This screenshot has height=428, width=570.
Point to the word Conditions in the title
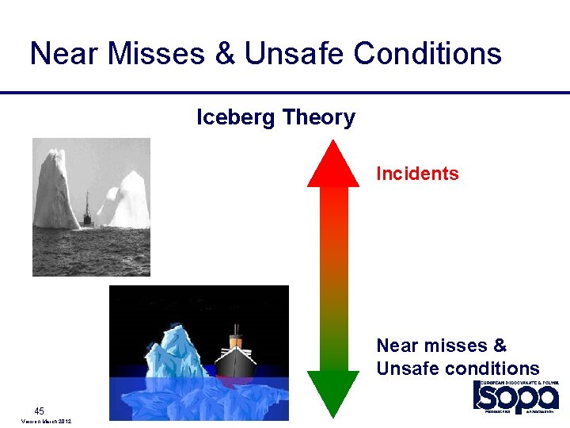point(427,54)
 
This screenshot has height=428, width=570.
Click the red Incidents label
point(417,174)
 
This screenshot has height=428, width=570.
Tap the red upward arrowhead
point(332,164)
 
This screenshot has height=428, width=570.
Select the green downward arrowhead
point(332,393)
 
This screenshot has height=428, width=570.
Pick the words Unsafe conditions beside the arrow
point(458,369)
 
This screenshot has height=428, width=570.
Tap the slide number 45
point(39,411)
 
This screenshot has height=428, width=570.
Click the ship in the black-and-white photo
point(87,210)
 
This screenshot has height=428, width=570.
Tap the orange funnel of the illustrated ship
point(235,339)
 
